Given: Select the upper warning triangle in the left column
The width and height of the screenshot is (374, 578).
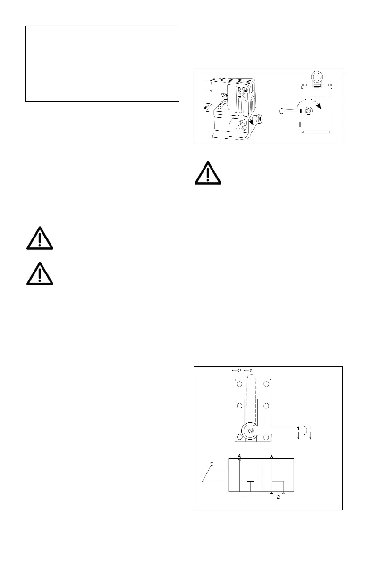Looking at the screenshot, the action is [40, 239].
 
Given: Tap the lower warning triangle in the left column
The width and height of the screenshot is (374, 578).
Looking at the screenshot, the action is [40, 274].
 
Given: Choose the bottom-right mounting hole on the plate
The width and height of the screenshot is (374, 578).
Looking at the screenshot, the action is [266, 436].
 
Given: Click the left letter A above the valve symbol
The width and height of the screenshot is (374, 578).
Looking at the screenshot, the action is [239, 455].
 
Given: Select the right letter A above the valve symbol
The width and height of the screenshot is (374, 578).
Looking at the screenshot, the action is [272, 455].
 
